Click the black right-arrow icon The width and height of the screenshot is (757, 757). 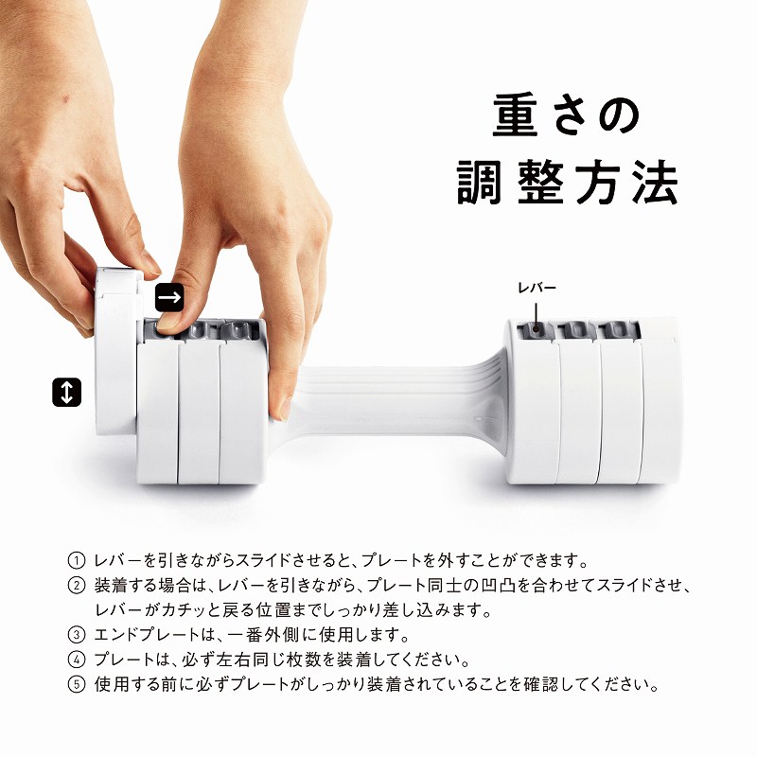point(169,296)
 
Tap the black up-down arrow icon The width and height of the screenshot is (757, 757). point(66,392)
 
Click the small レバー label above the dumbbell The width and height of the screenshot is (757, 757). point(537,289)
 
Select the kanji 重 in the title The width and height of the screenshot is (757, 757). point(516,114)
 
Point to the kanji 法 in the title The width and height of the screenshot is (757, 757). point(655,182)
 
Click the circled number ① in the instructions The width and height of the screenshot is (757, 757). point(77,560)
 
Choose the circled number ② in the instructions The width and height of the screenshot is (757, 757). point(77,585)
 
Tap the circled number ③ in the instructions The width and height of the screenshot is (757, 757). point(77,634)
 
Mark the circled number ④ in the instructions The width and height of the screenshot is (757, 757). point(77,659)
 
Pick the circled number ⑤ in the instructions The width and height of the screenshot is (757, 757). point(77,684)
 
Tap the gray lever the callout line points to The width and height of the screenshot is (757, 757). point(536,329)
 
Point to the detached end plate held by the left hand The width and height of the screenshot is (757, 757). point(114,350)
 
